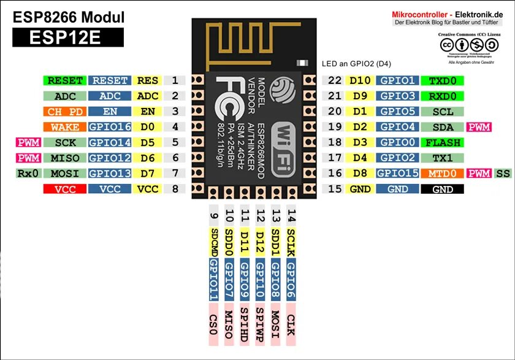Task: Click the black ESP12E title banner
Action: coord(68,38)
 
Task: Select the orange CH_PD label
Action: coord(65,112)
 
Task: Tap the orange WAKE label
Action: coord(65,128)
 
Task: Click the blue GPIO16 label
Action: coord(110,128)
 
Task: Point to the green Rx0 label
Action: coord(28,174)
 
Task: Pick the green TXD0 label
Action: coord(443,80)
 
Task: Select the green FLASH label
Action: coord(443,142)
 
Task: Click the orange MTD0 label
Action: coord(443,174)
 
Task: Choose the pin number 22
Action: coord(334,80)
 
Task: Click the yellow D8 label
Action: coord(360,174)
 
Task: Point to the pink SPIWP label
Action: coord(260,321)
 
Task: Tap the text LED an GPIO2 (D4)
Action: coord(356,64)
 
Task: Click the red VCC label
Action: coord(65,190)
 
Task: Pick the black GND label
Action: coord(443,190)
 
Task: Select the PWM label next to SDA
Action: coord(479,128)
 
